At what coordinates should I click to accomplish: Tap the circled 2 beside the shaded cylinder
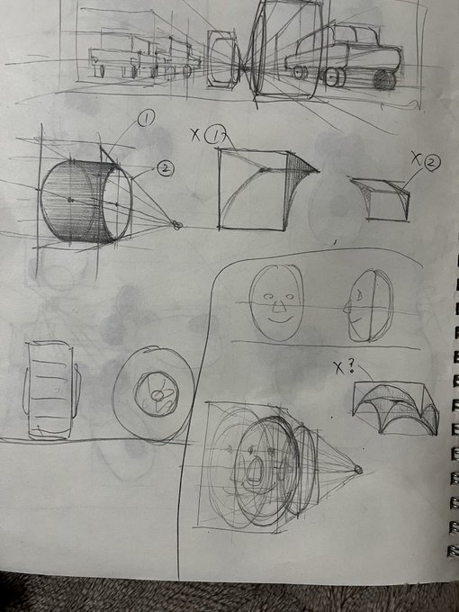click(165, 167)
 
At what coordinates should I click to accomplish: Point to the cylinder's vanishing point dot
click(175, 225)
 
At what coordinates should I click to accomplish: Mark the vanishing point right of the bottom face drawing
click(358, 469)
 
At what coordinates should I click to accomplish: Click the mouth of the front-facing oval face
click(278, 317)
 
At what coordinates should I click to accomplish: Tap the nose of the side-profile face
click(346, 307)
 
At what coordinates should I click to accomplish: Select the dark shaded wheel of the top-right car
click(384, 80)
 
